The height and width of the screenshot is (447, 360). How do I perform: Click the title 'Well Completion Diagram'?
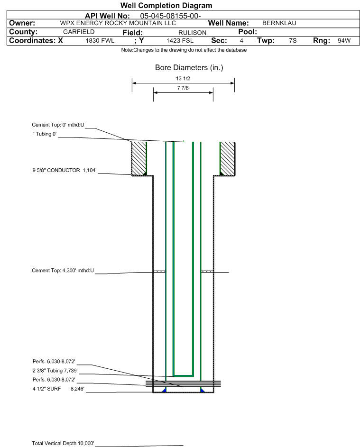(166, 5)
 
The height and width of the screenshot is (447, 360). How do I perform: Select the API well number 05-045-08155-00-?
(170, 16)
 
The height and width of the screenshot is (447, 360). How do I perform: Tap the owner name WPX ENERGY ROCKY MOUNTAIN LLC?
(118, 23)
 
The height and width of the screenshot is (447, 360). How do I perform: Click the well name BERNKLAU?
(279, 23)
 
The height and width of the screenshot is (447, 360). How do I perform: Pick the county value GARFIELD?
(79, 32)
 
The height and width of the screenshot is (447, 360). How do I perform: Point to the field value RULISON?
(192, 33)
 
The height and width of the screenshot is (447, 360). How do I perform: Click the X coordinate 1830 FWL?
(100, 41)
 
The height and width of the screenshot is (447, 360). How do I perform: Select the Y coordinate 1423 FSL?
(180, 41)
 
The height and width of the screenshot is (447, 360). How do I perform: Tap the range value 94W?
(344, 40)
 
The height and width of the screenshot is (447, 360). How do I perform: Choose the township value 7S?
(293, 40)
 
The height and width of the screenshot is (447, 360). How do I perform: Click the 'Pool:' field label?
(248, 32)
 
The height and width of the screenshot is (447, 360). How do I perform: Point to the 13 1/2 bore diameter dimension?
(183, 78)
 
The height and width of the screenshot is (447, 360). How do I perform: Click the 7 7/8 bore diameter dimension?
(183, 88)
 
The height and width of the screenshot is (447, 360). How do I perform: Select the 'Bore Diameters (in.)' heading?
(189, 68)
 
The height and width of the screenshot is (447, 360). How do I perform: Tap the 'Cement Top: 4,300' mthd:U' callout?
(63, 270)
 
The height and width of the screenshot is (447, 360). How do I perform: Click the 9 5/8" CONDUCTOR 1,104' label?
(65, 170)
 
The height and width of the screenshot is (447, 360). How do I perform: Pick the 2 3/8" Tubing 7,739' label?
(55, 371)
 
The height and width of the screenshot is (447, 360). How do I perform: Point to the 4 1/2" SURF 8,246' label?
(58, 389)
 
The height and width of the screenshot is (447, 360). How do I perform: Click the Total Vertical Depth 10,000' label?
(63, 443)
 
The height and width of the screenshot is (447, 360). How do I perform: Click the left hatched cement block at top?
(139, 158)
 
